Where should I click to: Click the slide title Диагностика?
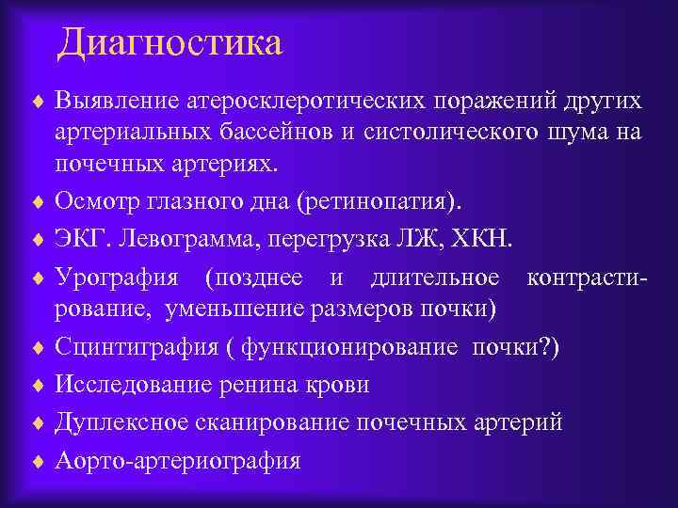169,43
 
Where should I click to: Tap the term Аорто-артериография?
178,461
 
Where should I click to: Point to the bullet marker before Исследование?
39,386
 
